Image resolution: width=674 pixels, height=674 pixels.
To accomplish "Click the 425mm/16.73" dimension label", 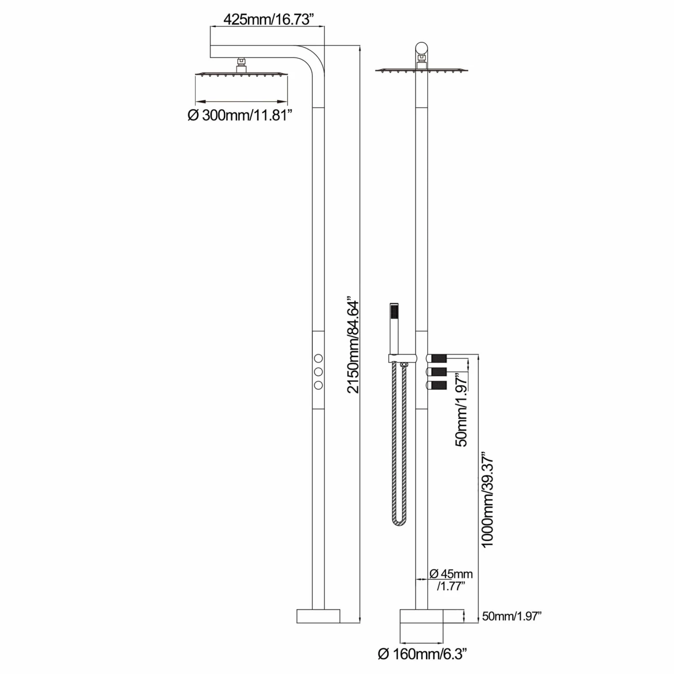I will pos(268,20).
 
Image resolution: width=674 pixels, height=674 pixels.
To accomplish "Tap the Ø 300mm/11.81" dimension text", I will pos(240,115).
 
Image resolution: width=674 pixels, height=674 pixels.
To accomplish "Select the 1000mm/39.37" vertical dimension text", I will pos(488,502).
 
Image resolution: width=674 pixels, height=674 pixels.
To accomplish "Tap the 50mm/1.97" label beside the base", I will pos(512,616).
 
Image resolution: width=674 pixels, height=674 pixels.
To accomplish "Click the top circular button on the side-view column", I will pos(318,358).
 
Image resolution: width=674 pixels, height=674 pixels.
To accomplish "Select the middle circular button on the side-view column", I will pos(318,372).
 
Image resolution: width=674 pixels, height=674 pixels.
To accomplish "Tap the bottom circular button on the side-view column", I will pos(318,385).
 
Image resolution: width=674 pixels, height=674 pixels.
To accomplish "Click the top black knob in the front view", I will pos(439,358).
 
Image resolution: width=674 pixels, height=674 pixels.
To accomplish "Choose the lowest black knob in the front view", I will pos(439,385).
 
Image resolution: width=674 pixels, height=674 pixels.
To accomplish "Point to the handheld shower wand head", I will pos(394,315).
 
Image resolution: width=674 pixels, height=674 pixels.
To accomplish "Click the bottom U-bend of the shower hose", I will pos(399,521).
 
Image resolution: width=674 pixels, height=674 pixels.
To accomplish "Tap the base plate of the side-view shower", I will pos(318,616).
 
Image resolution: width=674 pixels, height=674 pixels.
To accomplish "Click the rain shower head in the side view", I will pos(241,73).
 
